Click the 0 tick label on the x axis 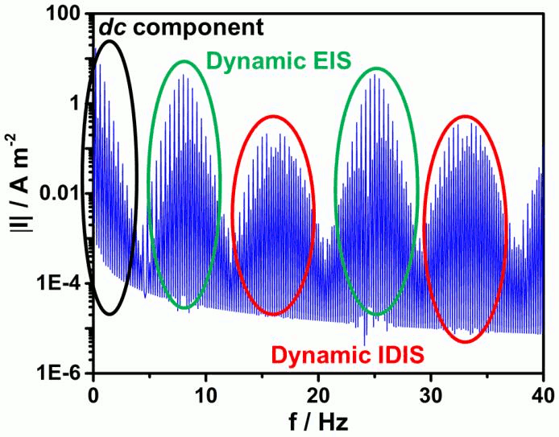pyautogui.click(x=94, y=395)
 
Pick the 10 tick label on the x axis pyautogui.click(x=207, y=395)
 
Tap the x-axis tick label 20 pyautogui.click(x=319, y=395)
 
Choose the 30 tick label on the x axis pyautogui.click(x=432, y=395)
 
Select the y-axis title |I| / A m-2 pyautogui.click(x=18, y=193)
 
